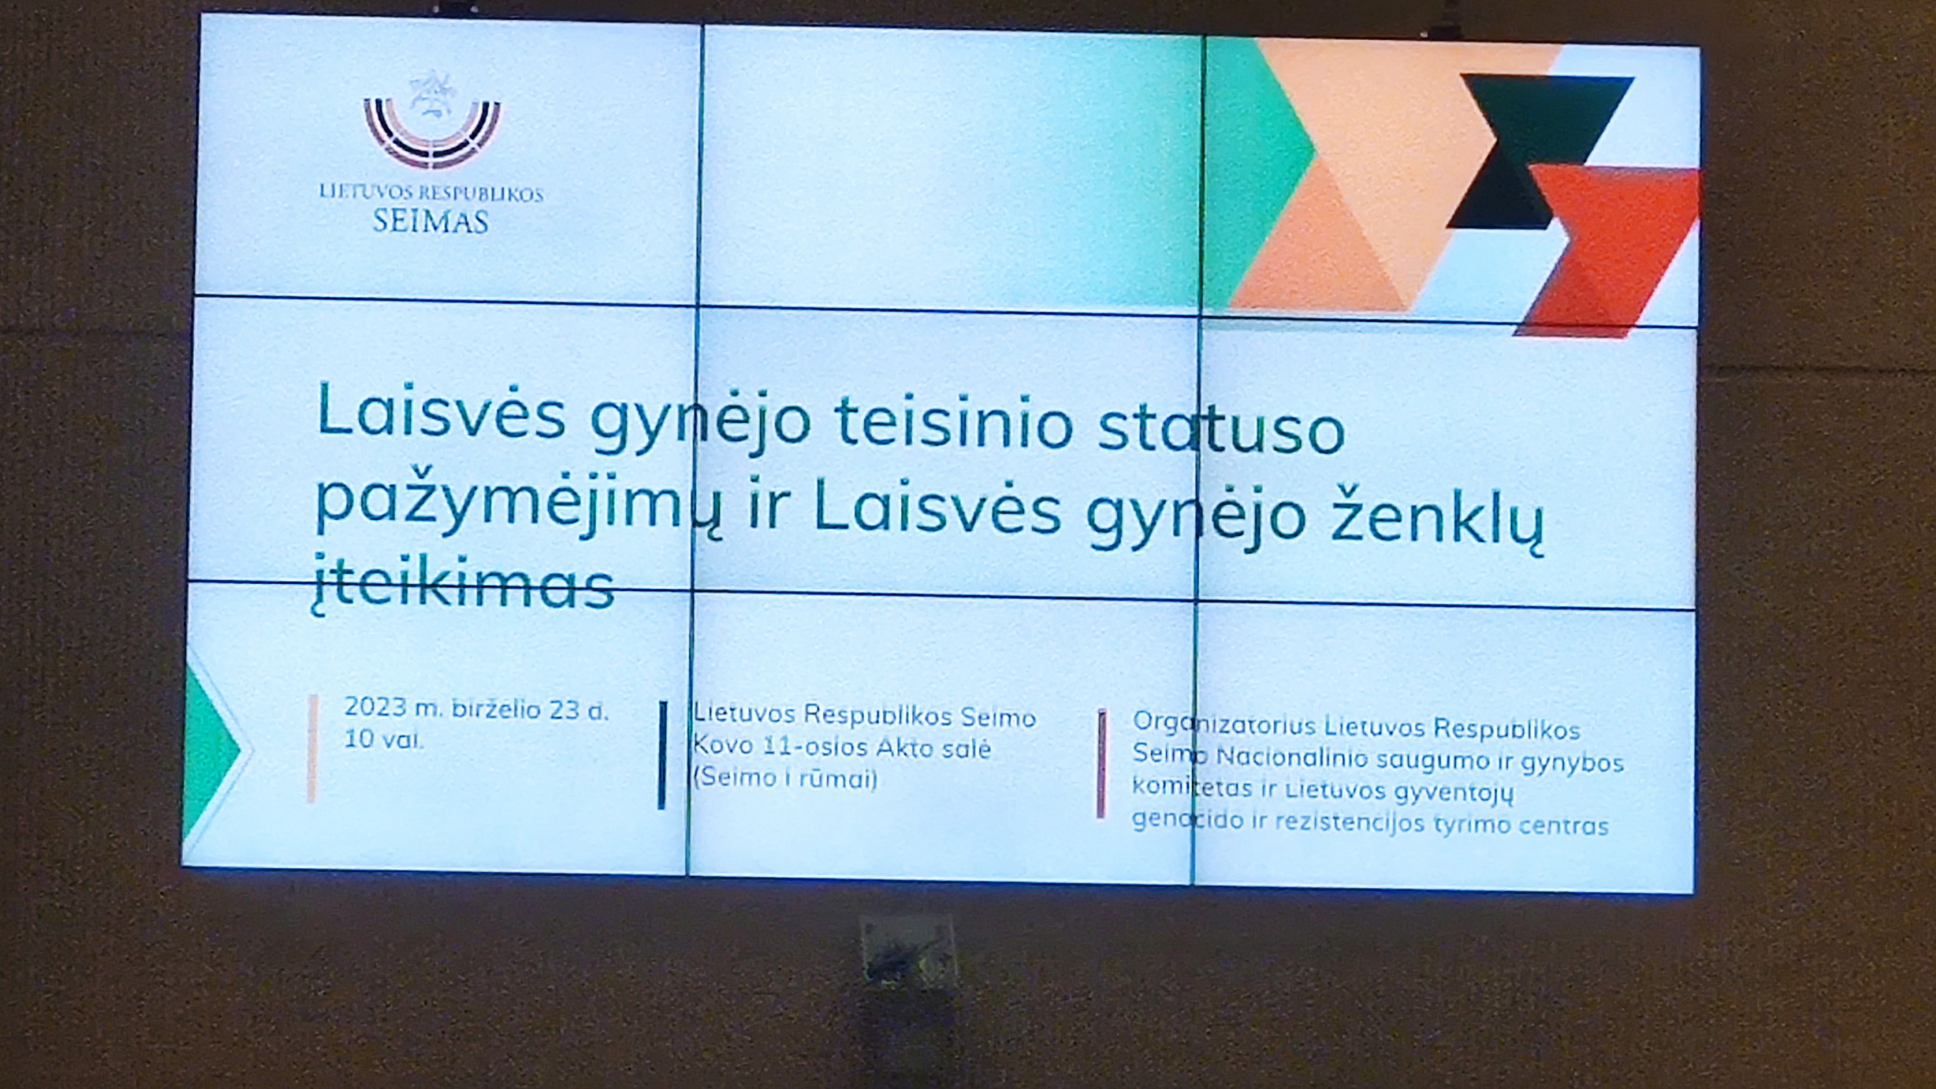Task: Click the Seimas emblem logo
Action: [432, 121]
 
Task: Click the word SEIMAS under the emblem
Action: [431, 222]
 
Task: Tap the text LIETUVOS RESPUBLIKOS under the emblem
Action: [431, 193]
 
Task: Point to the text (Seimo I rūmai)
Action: [785, 777]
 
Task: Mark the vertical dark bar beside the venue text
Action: [662, 755]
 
